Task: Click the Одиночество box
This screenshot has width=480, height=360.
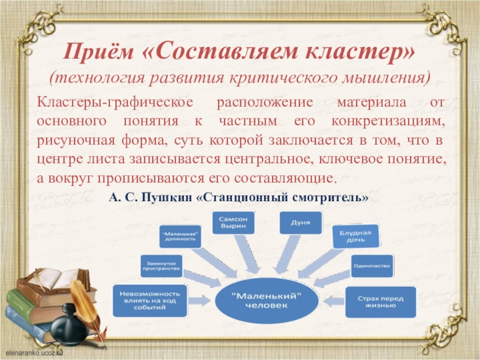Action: coord(372,265)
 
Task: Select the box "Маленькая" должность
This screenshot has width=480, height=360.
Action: coord(180,235)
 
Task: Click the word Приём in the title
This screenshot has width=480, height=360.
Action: coord(100,52)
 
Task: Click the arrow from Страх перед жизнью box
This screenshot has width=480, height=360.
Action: coord(331,298)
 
